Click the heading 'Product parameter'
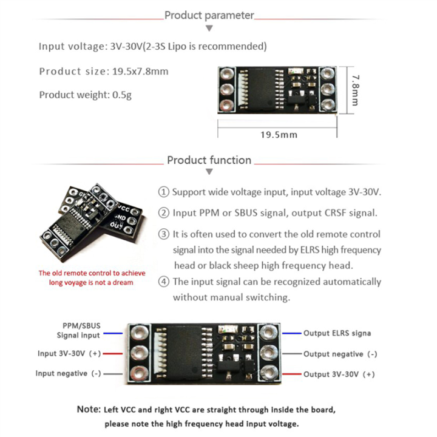pyautogui.click(x=209, y=15)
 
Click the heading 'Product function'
pyautogui.click(x=209, y=160)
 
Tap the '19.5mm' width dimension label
pyautogui.click(x=278, y=135)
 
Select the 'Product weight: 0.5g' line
pyautogui.click(x=85, y=95)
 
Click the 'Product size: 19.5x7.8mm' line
pyautogui.click(x=104, y=71)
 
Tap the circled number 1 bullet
pyautogui.click(x=163, y=192)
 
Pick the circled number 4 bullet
pyautogui.click(x=163, y=282)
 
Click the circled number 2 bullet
pyautogui.click(x=163, y=213)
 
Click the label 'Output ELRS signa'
pyautogui.click(x=337, y=333)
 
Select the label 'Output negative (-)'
pyautogui.click(x=340, y=354)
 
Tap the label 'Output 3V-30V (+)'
pyautogui.click(x=339, y=374)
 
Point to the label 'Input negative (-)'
pyautogui.click(x=68, y=373)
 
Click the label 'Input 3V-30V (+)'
pyautogui.click(x=69, y=353)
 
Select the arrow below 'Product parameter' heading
pyautogui.click(x=209, y=29)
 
